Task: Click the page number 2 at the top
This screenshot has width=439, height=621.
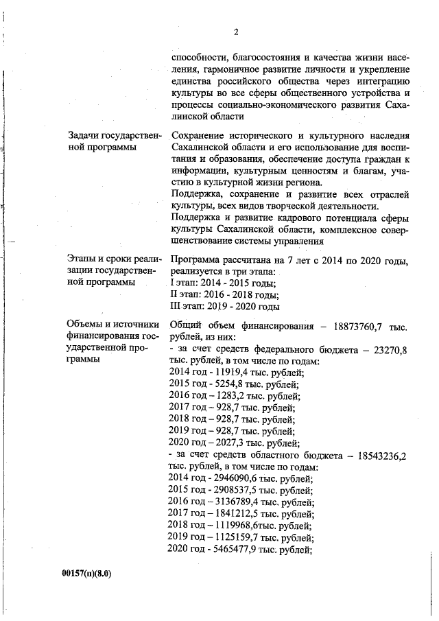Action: [x=235, y=32]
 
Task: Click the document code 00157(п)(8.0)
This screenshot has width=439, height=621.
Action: [x=86, y=573]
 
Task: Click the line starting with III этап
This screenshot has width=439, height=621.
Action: [x=224, y=306]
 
